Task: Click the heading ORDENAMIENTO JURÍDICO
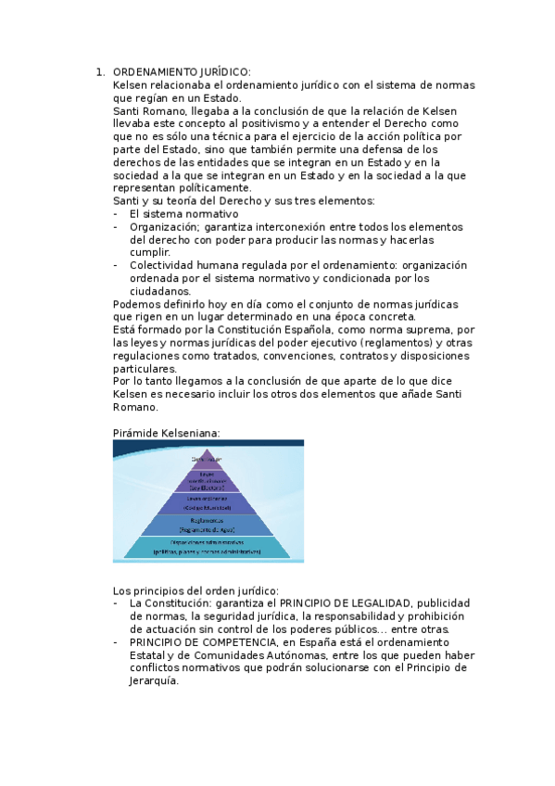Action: pos(182,72)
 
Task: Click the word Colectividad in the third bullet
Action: pos(163,265)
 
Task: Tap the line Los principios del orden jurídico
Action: pos(196,590)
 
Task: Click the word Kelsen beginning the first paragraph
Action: pos(130,85)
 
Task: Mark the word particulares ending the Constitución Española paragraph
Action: pos(144,368)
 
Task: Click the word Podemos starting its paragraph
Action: pos(135,304)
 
